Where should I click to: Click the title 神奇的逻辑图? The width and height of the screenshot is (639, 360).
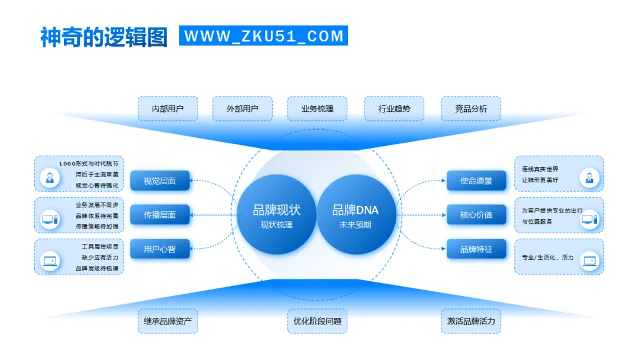[x=104, y=36]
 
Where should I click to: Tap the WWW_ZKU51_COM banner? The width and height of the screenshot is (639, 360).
[x=263, y=36]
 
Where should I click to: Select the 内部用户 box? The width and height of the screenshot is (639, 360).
[x=167, y=109]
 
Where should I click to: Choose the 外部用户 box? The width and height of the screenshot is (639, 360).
[x=243, y=109]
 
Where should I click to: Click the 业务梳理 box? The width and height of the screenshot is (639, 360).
[x=317, y=109]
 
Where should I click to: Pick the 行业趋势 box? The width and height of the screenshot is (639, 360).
[x=394, y=109]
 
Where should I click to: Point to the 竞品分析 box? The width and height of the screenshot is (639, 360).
[x=471, y=109]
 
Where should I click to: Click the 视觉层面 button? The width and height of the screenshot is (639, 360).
[x=160, y=181]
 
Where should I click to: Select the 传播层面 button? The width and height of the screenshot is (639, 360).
[x=160, y=215]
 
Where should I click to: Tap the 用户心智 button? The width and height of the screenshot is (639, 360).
[x=160, y=249]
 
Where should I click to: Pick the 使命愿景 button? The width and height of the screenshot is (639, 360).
[x=476, y=181]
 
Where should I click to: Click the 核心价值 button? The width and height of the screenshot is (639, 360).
[x=476, y=215]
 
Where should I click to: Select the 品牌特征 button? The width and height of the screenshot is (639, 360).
[x=476, y=249]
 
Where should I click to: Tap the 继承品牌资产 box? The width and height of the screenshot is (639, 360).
[x=167, y=322]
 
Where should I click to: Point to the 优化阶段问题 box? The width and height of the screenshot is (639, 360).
[x=317, y=322]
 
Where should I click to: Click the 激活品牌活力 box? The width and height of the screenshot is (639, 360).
[x=471, y=322]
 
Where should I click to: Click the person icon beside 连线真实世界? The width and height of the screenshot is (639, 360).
[x=589, y=176]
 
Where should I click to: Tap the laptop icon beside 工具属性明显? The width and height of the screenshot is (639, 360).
[x=50, y=260]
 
